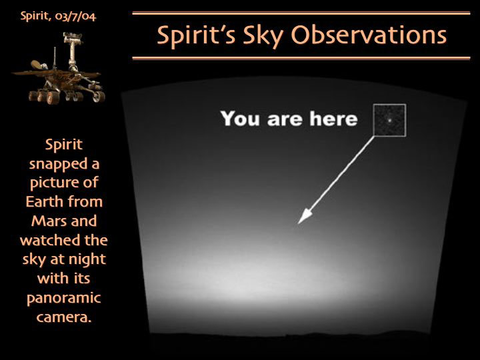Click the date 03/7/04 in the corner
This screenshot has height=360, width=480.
tap(75, 16)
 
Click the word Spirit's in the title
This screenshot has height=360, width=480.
tap(197, 35)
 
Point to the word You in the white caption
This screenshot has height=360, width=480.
tap(240, 119)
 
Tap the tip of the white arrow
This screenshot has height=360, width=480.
tap(298, 224)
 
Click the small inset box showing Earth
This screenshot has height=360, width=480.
tap(389, 120)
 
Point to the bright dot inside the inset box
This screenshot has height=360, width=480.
tap(389, 120)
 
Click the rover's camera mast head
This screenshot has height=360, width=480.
tap(73, 37)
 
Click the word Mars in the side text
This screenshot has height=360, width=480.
tap(46, 221)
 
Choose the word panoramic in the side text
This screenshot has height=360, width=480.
tap(64, 299)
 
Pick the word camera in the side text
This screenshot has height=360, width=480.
tap(64, 317)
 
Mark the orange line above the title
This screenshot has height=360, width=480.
tap(301, 13)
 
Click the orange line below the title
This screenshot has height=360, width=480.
tap(301, 58)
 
